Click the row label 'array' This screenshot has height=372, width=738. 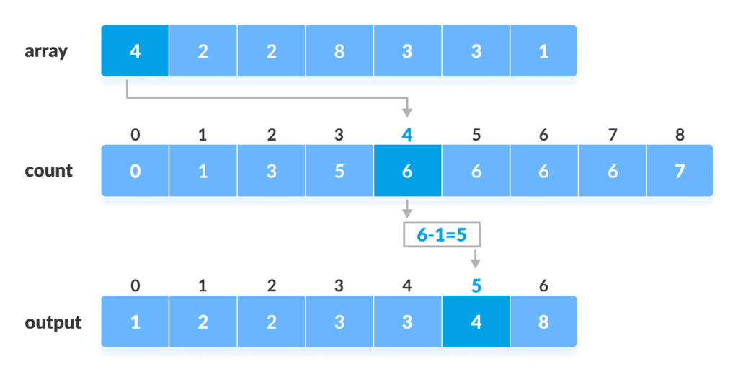coord(46,52)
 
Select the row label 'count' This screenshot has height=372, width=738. coord(49,171)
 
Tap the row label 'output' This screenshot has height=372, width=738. coord(53,322)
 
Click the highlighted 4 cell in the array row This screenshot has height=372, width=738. coord(135,51)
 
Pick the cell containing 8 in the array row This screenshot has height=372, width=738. coord(339,51)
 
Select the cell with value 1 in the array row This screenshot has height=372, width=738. coord(543,51)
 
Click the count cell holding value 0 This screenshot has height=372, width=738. coord(135,171)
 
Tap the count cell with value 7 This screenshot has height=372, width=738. coord(680,171)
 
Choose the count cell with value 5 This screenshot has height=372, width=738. coord(339,171)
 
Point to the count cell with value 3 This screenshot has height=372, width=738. coord(271,171)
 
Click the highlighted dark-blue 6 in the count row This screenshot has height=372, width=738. coord(407,171)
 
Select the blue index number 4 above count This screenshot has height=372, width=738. coord(407,135)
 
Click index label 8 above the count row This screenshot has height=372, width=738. coord(680,135)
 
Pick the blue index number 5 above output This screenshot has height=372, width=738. coord(476,285)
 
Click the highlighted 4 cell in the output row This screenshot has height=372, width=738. coord(476,322)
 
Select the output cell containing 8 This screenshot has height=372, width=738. coord(543,322)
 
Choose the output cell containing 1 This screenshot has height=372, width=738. coord(135,322)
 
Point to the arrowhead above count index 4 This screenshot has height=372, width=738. coord(407,113)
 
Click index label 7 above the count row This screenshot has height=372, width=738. coord(612,135)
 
